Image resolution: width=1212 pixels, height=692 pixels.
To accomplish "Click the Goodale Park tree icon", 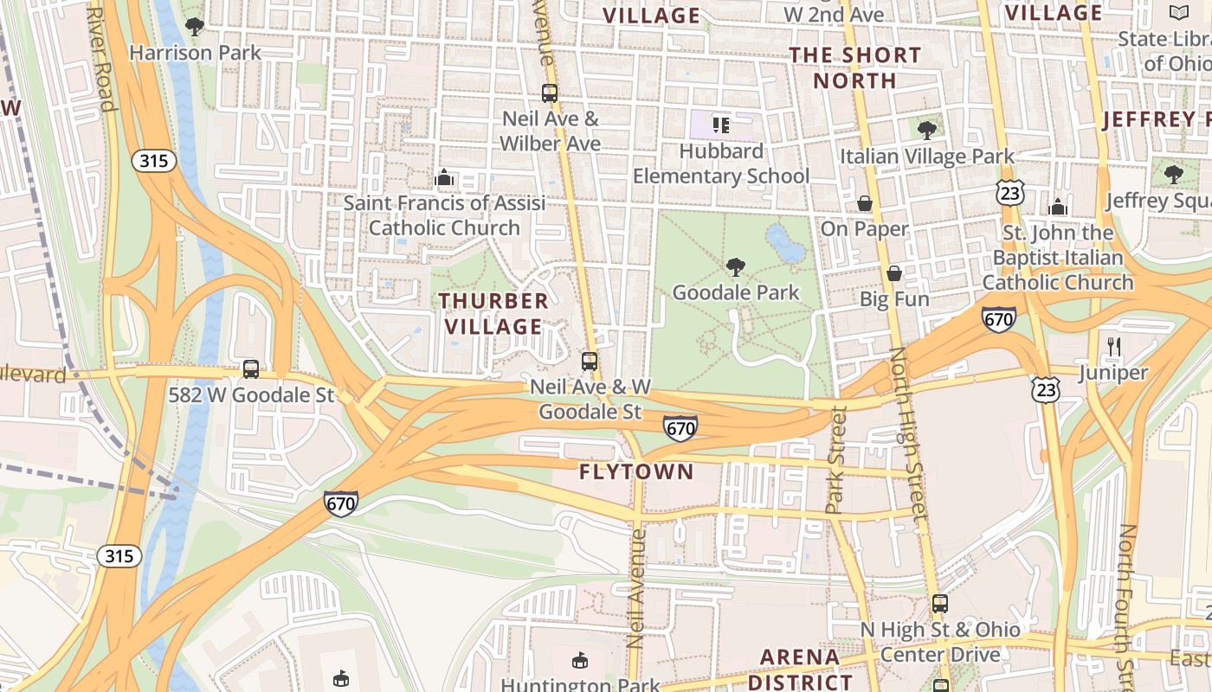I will click(x=735, y=266).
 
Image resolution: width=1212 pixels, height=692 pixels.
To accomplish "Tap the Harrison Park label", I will click(x=195, y=53).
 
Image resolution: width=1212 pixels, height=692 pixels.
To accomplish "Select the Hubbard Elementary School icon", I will click(x=720, y=125).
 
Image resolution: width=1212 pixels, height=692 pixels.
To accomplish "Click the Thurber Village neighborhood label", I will click(x=493, y=313).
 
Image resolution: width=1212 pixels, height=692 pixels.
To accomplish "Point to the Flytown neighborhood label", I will click(x=636, y=471).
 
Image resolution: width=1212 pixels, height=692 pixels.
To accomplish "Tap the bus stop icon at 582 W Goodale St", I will click(x=251, y=369).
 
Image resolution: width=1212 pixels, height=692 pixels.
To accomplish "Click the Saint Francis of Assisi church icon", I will click(x=444, y=178).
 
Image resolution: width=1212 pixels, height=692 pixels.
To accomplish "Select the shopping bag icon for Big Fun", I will click(x=894, y=273).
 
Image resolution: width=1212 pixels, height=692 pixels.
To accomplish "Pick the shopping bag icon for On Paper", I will click(x=864, y=203).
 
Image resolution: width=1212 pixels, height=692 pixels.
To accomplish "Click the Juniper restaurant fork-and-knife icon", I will click(x=1113, y=348).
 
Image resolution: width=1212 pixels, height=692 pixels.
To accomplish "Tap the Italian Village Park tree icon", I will click(x=926, y=131).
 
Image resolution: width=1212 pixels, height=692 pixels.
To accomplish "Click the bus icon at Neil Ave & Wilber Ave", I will click(x=550, y=93).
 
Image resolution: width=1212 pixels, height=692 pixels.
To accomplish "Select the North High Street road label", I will click(x=910, y=432).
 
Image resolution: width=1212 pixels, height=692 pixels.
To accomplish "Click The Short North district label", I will click(x=855, y=67).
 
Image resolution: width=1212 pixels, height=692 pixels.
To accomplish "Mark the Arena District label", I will click(x=799, y=669).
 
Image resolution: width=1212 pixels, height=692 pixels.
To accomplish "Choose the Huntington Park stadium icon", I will click(x=579, y=662).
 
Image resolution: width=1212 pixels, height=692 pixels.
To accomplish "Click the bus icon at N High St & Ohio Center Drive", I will click(x=940, y=604).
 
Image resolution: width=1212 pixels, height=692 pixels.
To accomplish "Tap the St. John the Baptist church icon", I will click(x=1057, y=207).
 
